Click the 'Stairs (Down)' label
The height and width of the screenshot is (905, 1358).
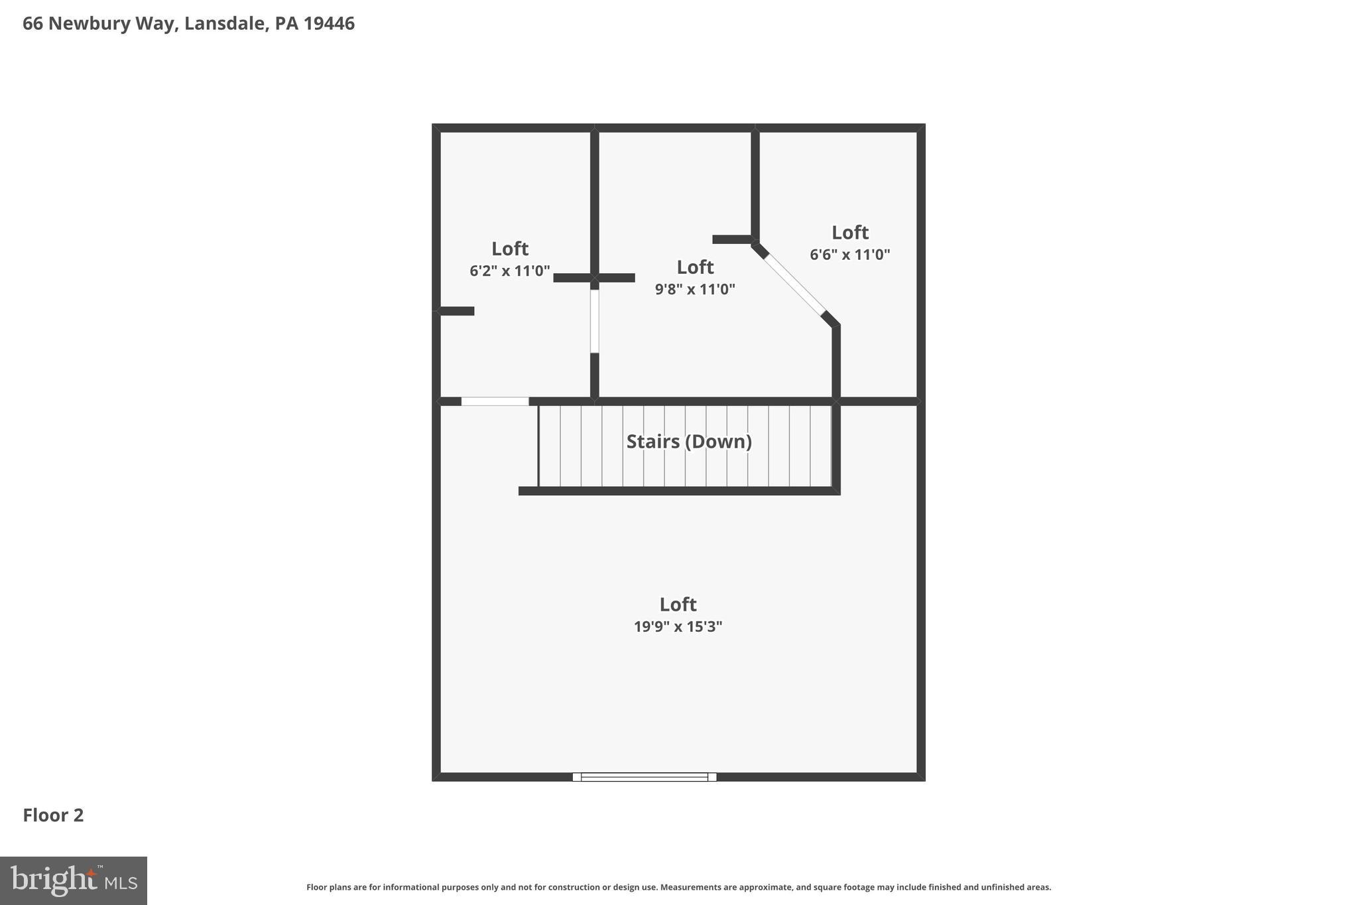689,442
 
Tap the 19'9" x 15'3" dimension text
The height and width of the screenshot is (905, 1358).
678,627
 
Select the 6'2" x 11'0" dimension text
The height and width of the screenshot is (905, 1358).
510,271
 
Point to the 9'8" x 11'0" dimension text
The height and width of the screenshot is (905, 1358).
695,289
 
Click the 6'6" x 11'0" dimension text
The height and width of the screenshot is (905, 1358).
850,254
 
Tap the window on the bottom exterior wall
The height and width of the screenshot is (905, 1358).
645,777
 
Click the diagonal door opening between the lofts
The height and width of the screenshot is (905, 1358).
794,285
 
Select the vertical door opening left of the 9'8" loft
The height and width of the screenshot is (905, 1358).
595,321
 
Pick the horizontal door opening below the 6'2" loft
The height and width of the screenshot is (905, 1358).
495,401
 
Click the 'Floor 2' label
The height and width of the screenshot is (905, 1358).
53,815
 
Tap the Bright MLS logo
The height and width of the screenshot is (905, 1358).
74,880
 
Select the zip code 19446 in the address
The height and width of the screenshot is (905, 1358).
329,24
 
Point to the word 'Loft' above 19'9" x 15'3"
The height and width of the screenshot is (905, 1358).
678,605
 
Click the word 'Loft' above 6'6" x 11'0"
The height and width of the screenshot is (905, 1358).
850,233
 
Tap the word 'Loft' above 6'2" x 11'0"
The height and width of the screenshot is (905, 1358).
510,249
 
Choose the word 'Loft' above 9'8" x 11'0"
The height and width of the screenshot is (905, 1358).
695,267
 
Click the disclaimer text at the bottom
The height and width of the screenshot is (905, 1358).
678,887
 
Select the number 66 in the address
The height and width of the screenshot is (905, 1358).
32,24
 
